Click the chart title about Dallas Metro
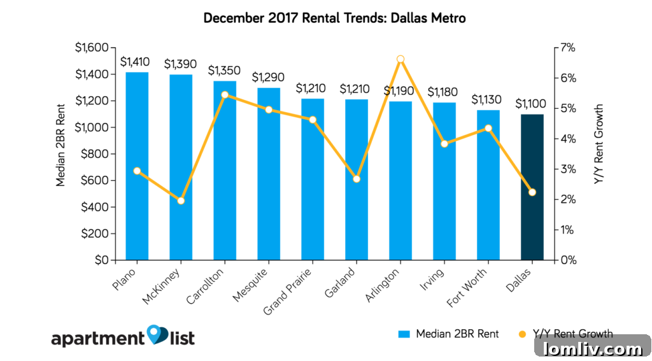tap(334, 18)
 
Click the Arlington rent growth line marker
tap(400, 59)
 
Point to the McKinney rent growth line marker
tap(181, 201)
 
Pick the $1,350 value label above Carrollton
tap(224, 70)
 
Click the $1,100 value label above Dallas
tap(532, 103)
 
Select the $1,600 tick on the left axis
tap(92, 48)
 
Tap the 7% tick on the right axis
tap(568, 48)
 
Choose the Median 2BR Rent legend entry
tap(448, 334)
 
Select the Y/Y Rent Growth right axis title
tap(599, 145)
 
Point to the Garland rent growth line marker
tap(357, 179)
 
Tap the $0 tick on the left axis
tap(100, 260)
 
